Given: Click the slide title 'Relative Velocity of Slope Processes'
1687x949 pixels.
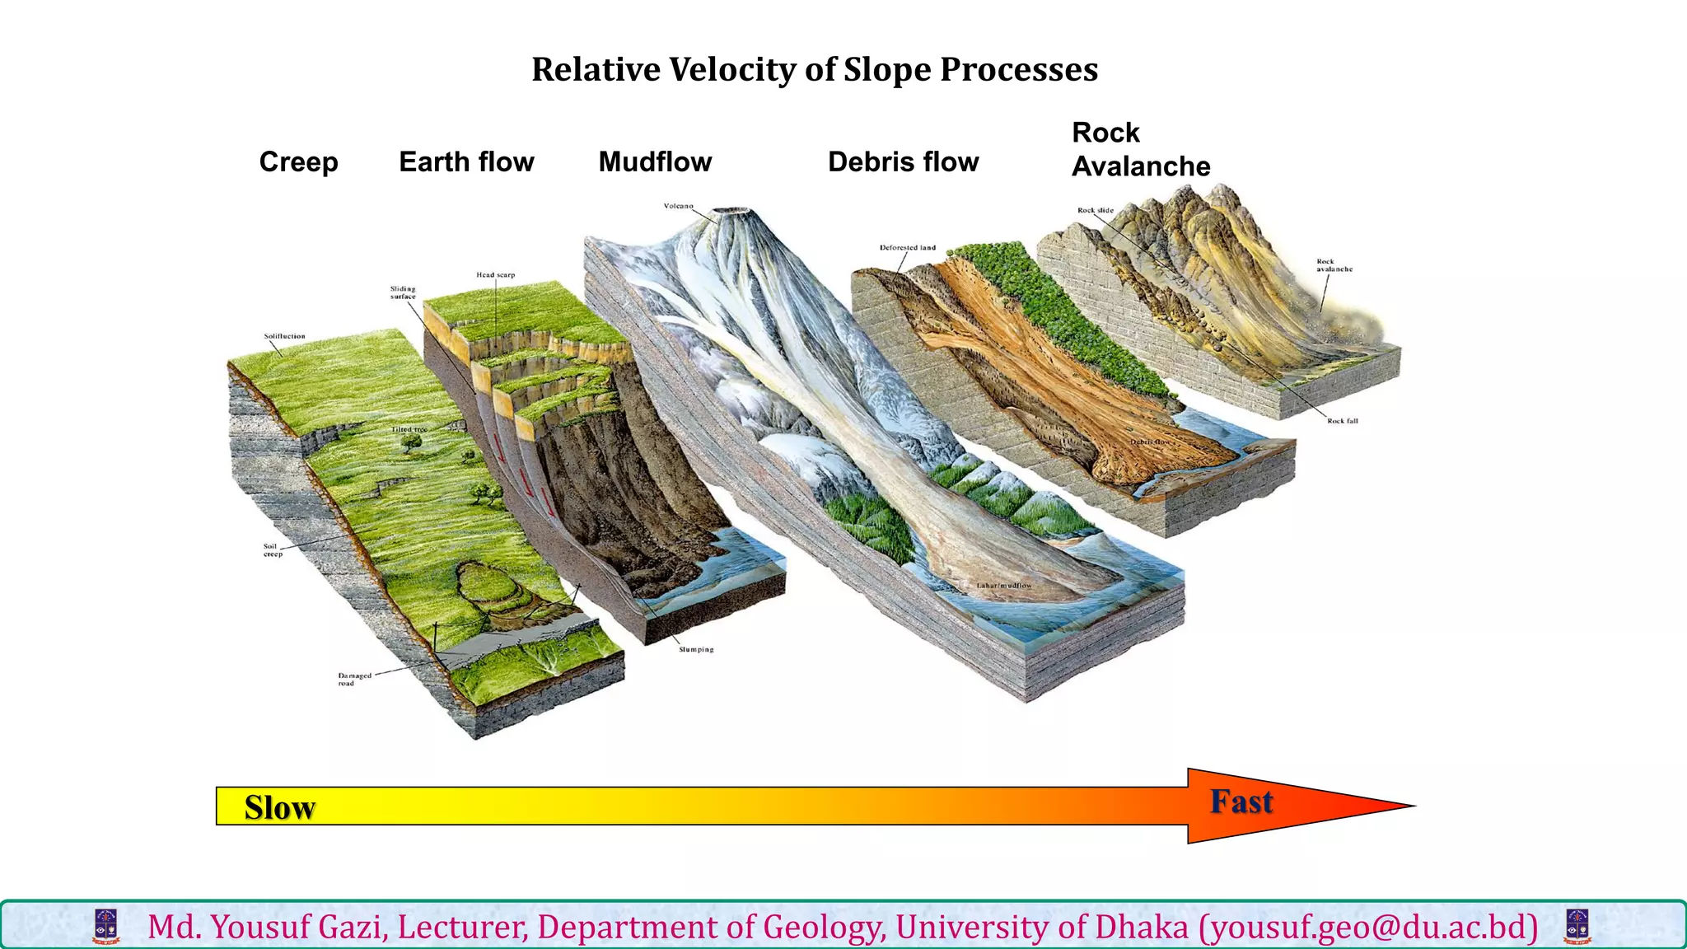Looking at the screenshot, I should pos(815,70).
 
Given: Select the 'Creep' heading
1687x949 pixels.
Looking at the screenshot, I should pos(298,162).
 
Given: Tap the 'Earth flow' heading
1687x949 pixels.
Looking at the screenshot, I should pos(466,162).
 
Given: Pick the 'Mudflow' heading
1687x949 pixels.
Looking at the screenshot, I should pos(655,162).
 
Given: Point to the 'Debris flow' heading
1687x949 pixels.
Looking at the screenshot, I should pos(903,162).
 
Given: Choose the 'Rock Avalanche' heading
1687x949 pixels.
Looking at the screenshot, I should pos(1140,149).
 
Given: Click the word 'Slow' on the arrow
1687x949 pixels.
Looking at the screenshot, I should pos(280,807).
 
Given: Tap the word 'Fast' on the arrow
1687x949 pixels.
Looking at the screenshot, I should pos(1241,802).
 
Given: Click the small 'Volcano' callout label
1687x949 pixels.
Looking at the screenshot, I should pos(679,206).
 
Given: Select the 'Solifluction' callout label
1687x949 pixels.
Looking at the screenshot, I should pos(284,336).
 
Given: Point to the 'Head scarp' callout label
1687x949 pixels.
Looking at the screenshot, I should pos(495,275).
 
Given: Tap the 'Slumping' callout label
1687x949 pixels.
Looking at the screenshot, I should pos(696,650).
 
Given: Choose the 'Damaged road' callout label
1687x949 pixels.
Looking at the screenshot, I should pos(354,679).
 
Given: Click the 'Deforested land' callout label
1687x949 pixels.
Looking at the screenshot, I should pos(907,247).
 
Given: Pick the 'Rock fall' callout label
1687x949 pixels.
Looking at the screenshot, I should pos(1342,421).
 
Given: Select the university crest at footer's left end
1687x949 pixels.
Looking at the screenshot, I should pos(106,926).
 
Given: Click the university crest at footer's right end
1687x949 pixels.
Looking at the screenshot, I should pos(1577,926).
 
